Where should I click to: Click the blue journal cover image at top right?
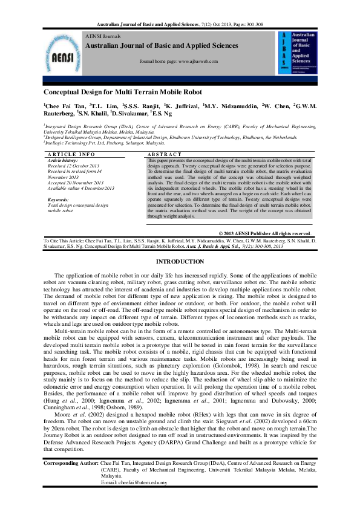click(x=297, y=55)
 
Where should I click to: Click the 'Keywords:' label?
click(x=58, y=199)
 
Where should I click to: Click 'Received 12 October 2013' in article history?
click(x=73, y=166)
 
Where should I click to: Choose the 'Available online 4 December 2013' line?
click(x=80, y=188)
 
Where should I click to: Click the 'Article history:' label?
click(x=64, y=160)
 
